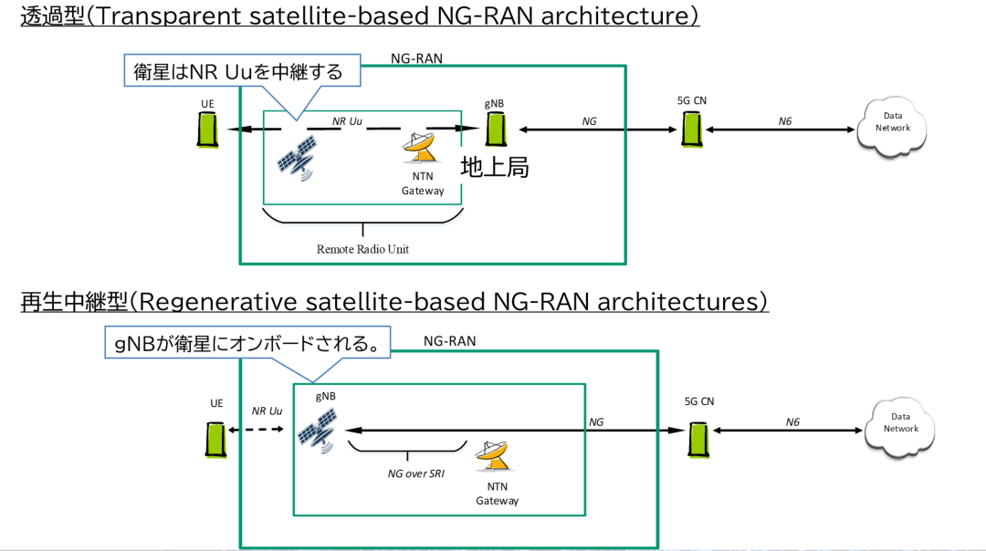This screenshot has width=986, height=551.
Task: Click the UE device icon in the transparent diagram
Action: (208, 130)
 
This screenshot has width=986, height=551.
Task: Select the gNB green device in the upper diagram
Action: (496, 129)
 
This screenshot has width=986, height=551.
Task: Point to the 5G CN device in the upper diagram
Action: (692, 129)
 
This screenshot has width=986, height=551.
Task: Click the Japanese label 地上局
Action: (495, 168)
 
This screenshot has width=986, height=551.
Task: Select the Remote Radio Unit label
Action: (363, 249)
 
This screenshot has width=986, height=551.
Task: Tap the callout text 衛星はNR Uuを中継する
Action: (239, 71)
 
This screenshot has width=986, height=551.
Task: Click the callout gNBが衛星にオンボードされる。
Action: (246, 344)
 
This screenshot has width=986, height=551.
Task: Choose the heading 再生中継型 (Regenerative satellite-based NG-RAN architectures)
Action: (393, 302)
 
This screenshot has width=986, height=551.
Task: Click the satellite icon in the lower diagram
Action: (317, 429)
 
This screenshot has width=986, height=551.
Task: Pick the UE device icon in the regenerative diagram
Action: (216, 438)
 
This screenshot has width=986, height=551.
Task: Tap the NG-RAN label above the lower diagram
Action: (449, 341)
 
